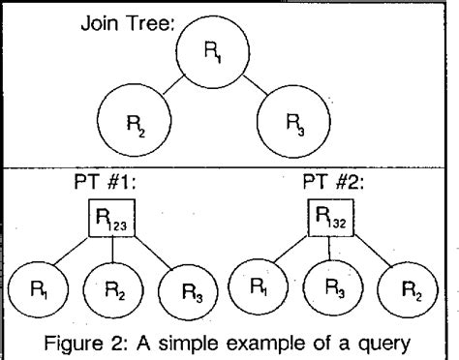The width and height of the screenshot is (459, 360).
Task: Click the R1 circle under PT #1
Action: (38, 289)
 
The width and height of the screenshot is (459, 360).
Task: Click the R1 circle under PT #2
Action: (259, 289)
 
